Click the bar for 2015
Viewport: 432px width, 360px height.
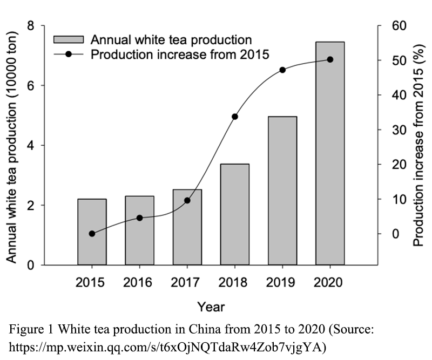(x=92, y=232)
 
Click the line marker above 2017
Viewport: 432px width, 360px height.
(x=187, y=200)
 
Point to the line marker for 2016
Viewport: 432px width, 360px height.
(x=139, y=218)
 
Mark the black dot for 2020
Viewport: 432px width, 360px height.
(x=330, y=59)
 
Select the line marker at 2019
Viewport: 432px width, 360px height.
(x=282, y=70)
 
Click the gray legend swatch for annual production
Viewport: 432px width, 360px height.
(x=68, y=39)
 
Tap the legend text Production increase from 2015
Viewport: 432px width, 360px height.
(x=180, y=54)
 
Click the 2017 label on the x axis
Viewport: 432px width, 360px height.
(x=187, y=283)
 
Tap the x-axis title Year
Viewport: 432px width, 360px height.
(x=211, y=307)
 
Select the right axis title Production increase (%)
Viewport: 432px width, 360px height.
(x=417, y=146)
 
